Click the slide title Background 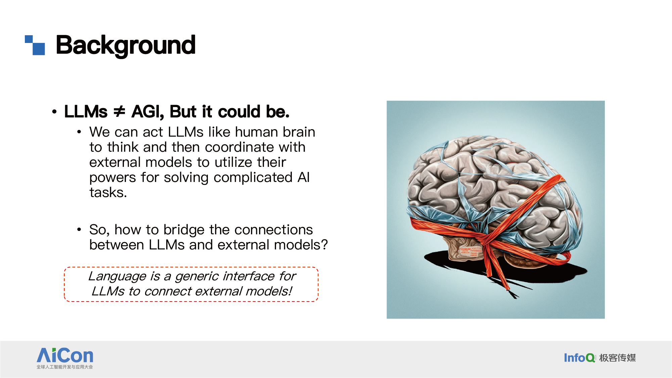[x=126, y=45]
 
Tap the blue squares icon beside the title [x=35, y=45]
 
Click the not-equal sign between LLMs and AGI [x=119, y=111]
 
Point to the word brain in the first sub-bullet [x=299, y=132]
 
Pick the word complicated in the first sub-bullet [x=253, y=177]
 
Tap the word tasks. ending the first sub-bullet [x=108, y=192]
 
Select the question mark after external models [x=324, y=245]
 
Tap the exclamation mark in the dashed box [x=290, y=291]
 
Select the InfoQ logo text [x=579, y=358]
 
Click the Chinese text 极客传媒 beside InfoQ [x=617, y=358]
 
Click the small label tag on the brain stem [x=471, y=251]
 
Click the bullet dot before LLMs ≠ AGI [x=54, y=112]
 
